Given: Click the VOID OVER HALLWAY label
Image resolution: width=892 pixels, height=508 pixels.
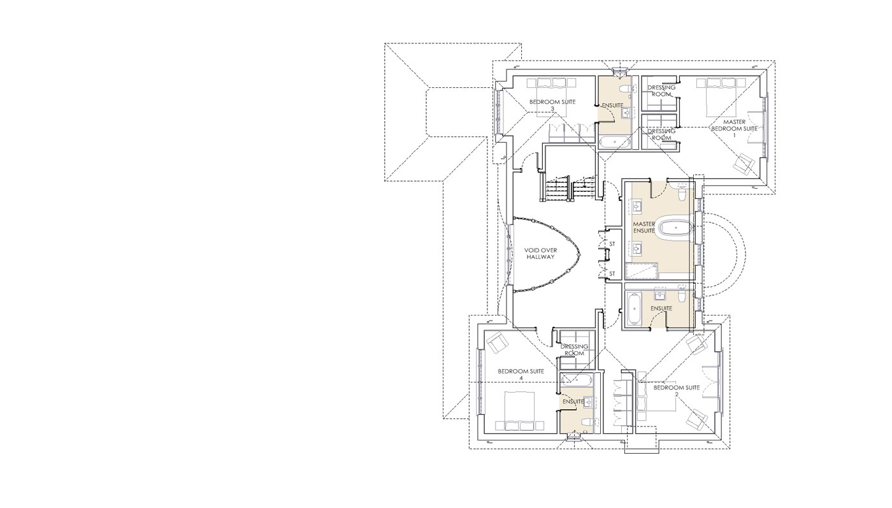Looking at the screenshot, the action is (540, 254).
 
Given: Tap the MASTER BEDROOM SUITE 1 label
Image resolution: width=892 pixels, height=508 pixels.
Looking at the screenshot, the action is (734, 128).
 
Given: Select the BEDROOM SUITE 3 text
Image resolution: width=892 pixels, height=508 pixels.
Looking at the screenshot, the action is (552, 105).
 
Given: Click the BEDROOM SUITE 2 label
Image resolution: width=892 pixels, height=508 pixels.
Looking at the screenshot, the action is (677, 391).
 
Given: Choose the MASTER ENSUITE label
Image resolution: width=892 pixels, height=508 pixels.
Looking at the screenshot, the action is (644, 227).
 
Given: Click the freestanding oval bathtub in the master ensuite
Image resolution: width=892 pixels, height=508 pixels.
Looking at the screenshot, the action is (675, 228).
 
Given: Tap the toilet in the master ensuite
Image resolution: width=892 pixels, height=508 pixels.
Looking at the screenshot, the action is (682, 193).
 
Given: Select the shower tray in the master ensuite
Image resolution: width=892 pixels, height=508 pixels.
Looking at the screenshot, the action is (642, 271).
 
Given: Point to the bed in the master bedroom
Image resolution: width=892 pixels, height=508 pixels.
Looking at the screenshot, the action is (721, 98).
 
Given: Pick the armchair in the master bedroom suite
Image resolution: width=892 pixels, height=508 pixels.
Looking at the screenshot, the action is (744, 163).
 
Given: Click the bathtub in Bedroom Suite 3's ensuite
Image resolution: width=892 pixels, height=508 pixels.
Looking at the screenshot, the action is (614, 142).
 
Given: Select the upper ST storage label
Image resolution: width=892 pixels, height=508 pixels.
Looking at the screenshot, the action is (612, 244).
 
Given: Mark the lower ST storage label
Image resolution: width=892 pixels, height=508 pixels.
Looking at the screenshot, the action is (612, 273).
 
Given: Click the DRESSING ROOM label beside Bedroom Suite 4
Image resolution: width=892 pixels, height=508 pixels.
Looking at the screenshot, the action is (574, 350).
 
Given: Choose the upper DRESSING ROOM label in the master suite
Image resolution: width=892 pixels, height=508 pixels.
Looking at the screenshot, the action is (661, 91).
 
